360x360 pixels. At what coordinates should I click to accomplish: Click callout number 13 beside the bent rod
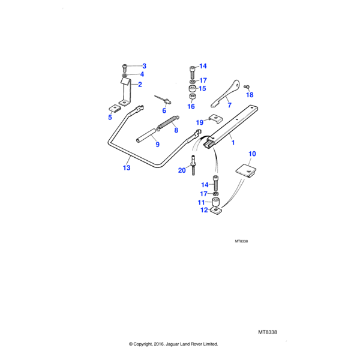(x=127, y=168)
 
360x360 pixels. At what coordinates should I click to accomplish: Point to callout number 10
(x=252, y=154)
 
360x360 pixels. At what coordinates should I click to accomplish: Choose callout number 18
(x=250, y=95)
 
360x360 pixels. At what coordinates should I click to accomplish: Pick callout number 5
(x=110, y=117)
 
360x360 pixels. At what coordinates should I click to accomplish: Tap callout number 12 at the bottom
(x=204, y=211)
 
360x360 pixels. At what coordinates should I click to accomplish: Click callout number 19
(x=200, y=122)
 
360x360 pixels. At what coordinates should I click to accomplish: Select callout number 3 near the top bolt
(x=144, y=66)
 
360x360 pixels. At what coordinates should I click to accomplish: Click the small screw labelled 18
(x=247, y=87)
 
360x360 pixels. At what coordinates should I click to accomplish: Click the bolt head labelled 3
(x=124, y=65)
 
